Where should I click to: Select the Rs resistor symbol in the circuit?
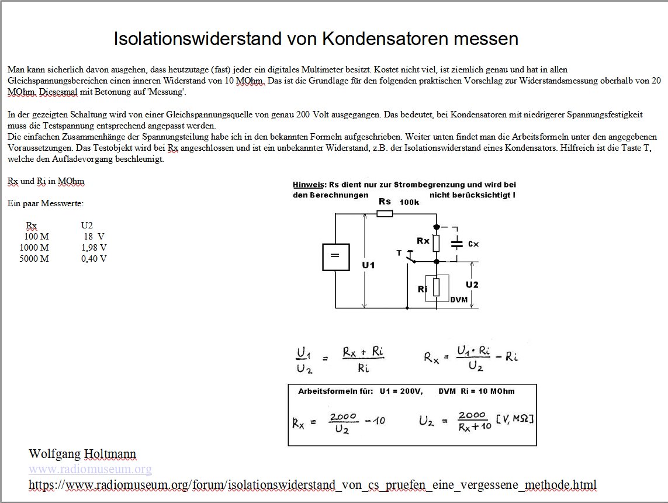tap(385, 214)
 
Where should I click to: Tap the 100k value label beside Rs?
tap(409, 202)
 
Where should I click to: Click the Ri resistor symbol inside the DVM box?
tap(437, 287)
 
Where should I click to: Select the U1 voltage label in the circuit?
tap(368, 265)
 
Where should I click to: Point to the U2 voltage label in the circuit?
tap(472, 285)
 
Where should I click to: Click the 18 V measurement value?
tap(94, 237)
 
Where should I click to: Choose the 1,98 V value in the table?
tap(94, 248)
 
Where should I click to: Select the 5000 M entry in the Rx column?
tap(34, 259)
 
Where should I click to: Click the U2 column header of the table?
tap(87, 226)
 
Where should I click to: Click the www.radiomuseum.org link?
tap(90, 469)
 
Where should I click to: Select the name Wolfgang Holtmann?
tap(82, 454)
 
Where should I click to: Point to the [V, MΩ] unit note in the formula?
tap(515, 419)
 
